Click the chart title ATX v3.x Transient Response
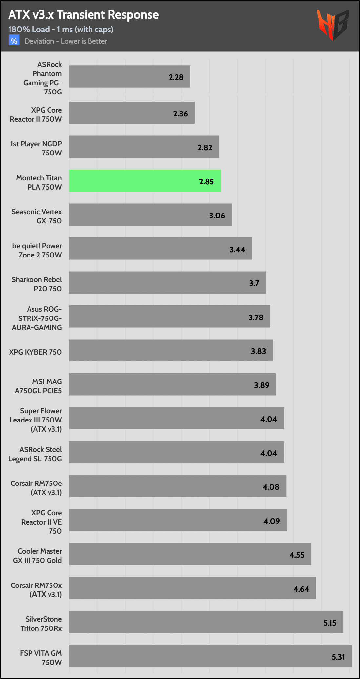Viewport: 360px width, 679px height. click(x=83, y=15)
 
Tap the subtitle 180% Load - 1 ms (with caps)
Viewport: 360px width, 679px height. click(x=61, y=30)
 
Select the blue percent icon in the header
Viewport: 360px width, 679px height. click(x=14, y=41)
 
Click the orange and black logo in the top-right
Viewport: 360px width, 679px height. click(x=332, y=24)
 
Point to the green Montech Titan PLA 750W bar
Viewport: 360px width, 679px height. click(x=144, y=181)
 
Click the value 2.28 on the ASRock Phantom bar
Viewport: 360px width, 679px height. click(x=176, y=77)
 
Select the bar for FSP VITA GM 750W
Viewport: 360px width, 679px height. click(x=210, y=656)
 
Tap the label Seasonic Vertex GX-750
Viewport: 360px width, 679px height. click(x=37, y=216)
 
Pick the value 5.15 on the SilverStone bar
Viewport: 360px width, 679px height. click(x=330, y=623)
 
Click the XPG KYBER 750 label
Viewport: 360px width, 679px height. click(x=35, y=352)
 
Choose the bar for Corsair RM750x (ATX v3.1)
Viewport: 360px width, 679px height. click(x=192, y=588)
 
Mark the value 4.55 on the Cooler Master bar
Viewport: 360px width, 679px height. click(x=297, y=555)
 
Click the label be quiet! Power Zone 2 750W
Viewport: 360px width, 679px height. click(x=37, y=250)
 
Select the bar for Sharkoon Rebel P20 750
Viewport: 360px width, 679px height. click(x=167, y=282)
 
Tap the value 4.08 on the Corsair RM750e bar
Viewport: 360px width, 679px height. click(x=271, y=487)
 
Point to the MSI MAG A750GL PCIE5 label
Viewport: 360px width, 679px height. click(x=38, y=386)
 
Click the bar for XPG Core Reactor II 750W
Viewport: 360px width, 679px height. click(x=131, y=113)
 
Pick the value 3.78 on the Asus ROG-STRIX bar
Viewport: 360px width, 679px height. click(x=256, y=318)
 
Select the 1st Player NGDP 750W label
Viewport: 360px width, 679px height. click(x=36, y=148)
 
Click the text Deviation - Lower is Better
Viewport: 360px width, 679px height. click(x=66, y=41)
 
